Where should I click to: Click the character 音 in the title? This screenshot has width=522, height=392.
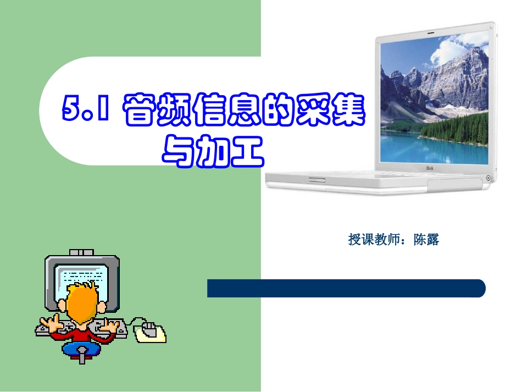point(139,111)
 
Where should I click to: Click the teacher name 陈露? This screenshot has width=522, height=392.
point(427,240)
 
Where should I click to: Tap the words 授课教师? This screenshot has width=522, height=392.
point(374,240)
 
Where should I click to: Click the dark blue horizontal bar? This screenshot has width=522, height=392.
point(346,288)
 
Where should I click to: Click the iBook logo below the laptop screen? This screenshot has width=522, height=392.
point(430,168)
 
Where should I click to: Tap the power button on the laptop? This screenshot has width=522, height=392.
point(488,177)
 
